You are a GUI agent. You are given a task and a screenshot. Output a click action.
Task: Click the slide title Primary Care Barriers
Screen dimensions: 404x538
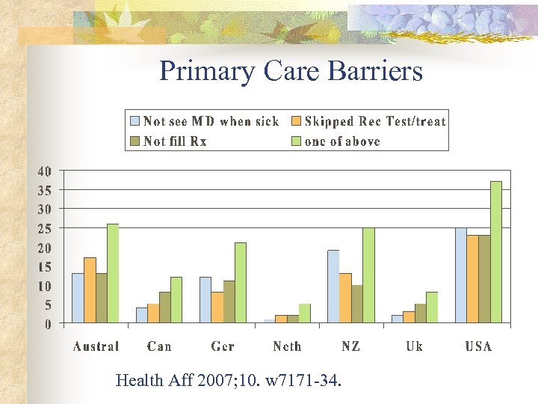[291, 72]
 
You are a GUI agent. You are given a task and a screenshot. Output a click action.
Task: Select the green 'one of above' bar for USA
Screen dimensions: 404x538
[495, 252]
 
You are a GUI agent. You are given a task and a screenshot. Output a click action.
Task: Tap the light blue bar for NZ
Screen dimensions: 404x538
[333, 287]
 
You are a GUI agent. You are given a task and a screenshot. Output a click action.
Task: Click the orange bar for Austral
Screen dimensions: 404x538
[90, 290]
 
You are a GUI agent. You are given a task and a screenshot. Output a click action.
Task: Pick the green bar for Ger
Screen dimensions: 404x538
[240, 283]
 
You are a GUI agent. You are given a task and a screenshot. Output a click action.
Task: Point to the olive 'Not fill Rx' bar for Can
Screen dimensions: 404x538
[164, 307]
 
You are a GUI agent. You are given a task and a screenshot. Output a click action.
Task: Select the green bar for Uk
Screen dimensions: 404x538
[431, 307]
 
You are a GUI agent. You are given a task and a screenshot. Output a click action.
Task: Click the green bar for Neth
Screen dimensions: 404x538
[304, 313]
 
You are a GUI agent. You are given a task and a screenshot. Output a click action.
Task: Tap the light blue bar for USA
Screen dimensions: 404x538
[460, 275]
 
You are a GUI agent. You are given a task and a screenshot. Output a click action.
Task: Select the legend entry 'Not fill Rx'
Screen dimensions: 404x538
[175, 141]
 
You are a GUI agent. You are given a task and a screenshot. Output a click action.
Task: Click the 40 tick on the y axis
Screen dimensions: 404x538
[45, 171]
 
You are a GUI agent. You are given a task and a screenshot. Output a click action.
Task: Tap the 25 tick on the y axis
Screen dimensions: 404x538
[45, 228]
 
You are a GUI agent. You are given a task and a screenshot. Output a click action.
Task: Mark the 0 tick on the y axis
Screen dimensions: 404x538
[48, 324]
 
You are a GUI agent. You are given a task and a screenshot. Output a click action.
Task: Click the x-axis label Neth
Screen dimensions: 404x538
[287, 346]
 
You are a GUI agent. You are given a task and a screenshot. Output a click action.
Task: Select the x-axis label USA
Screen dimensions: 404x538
[478, 346]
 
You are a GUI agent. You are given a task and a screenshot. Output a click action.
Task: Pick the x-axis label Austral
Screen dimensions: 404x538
[96, 346]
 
